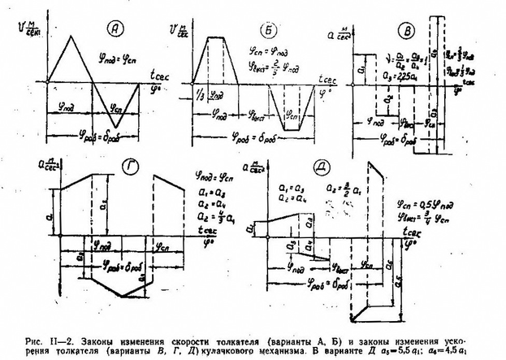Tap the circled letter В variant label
tap(404, 29)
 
